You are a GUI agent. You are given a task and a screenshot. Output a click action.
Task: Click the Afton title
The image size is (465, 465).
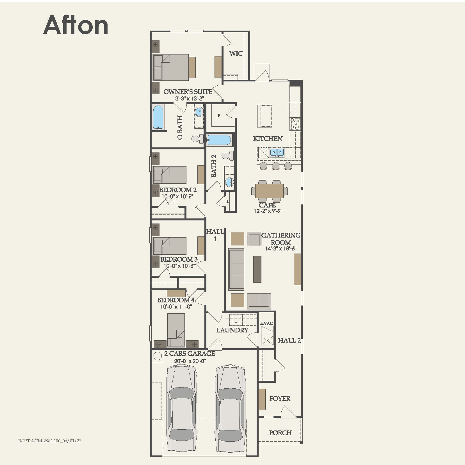pyautogui.click(x=76, y=25)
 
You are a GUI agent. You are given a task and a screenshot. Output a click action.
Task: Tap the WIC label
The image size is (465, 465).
pyautogui.click(x=236, y=53)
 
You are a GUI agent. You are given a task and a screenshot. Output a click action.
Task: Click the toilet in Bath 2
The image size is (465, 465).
pyautogui.click(x=228, y=156)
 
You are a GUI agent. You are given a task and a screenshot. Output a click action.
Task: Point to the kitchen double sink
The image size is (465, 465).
pyautogui.click(x=277, y=152)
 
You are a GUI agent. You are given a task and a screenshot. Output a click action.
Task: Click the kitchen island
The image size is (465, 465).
pyautogui.click(x=265, y=116)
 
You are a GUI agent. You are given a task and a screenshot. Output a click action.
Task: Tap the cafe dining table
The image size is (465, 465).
pyautogui.click(x=269, y=191)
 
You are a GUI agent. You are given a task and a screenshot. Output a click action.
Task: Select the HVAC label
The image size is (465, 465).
pyautogui.click(x=266, y=323)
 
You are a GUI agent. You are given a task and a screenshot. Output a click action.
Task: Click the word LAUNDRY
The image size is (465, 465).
pyautogui.click(x=232, y=330)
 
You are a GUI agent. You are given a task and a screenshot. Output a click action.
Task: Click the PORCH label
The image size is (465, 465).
pyautogui.click(x=280, y=433)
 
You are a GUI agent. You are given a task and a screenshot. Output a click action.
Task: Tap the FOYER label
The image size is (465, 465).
pyautogui.click(x=280, y=398)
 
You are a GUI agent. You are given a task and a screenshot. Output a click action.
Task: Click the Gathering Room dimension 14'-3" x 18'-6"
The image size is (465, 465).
pyautogui.click(x=281, y=249)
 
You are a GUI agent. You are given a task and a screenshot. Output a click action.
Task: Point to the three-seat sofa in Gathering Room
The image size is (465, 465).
pyautogui.click(x=236, y=269)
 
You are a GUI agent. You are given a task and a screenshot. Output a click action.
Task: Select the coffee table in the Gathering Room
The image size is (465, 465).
pyautogui.click(x=257, y=269)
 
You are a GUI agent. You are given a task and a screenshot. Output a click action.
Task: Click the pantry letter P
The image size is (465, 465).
pyautogui.click(x=219, y=115)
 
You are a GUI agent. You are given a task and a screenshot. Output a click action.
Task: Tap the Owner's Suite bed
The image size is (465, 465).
pyautogui.click(x=171, y=67)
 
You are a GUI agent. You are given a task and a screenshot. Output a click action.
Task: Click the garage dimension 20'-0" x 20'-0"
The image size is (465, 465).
pyautogui.click(x=190, y=361)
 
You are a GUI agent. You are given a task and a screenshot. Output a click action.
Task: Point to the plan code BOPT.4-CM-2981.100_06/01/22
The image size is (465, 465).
pyautogui.click(x=50, y=441)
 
